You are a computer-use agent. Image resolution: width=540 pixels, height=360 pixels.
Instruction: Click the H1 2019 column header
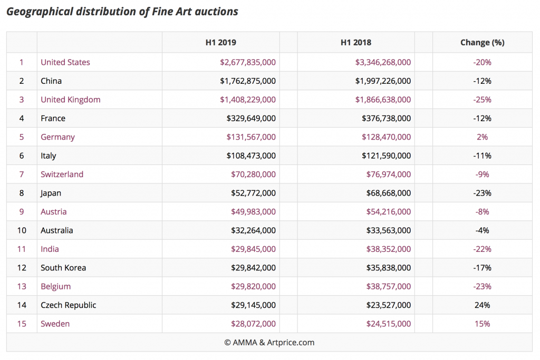coord(220,43)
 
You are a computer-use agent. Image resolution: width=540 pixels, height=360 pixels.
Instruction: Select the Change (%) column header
coord(482,43)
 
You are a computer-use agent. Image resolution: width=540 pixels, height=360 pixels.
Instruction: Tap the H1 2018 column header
coord(356,43)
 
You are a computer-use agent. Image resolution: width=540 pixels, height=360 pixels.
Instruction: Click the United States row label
coord(65,62)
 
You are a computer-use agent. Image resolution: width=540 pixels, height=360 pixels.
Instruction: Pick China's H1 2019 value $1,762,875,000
coord(247,81)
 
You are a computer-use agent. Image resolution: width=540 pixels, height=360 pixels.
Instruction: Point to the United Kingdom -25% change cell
coord(482,100)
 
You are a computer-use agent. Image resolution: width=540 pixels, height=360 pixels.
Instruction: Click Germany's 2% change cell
coord(482,137)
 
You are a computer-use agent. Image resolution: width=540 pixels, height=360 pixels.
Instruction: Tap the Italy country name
coord(49,156)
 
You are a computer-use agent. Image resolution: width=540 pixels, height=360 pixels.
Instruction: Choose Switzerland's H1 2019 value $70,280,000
coord(253,174)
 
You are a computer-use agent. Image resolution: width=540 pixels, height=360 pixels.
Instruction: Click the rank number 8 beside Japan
coord(22,193)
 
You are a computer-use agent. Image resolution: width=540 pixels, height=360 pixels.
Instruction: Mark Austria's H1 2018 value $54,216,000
coord(388,212)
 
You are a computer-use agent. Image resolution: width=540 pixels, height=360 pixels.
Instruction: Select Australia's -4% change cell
coord(482,230)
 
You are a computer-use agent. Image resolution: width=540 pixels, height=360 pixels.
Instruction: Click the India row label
coord(50,249)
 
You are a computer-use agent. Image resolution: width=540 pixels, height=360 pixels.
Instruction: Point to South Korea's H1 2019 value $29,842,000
coord(253,268)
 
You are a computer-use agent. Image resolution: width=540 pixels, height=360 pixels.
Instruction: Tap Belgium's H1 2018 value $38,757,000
coord(388,287)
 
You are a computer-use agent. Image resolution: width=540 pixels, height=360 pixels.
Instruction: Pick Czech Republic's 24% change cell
coord(482,305)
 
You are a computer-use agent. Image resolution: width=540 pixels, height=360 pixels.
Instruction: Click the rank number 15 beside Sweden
coord(22,324)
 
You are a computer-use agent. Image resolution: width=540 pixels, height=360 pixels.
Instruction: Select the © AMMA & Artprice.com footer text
coord(269,343)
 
